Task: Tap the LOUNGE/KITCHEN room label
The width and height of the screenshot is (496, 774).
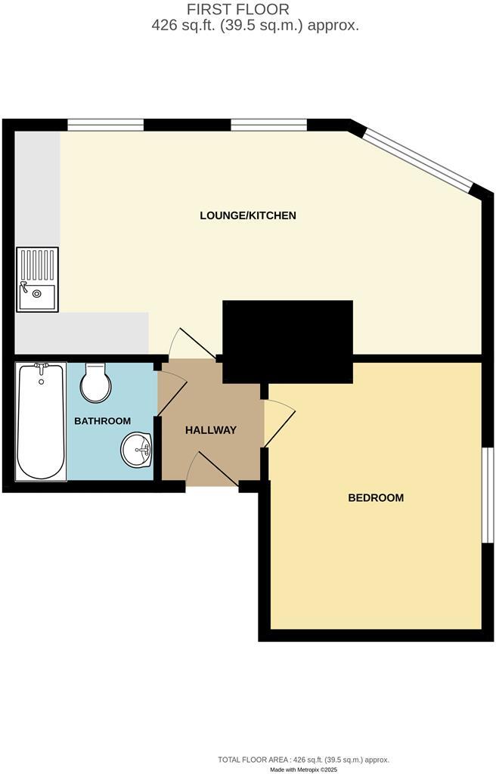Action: (248, 215)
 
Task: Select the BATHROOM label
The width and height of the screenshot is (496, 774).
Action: (102, 421)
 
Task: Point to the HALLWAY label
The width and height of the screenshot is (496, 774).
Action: (211, 430)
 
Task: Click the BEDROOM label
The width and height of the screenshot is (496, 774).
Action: (376, 497)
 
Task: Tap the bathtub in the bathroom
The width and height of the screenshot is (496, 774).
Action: (42, 420)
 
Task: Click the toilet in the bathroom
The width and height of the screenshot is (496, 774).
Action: (95, 382)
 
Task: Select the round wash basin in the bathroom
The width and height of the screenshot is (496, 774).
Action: (136, 451)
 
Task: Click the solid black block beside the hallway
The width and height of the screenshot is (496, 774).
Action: (287, 340)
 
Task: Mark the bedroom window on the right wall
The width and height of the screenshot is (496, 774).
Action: (488, 495)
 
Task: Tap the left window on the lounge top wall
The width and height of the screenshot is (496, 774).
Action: (105, 125)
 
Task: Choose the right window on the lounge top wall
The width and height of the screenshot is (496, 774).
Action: (268, 125)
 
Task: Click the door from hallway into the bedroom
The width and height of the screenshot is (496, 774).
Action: (278, 423)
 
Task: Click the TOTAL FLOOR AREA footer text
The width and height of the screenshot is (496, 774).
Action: (302, 759)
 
